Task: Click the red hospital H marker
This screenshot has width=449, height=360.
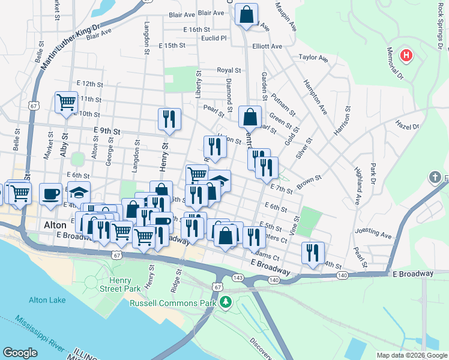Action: click(x=407, y=56)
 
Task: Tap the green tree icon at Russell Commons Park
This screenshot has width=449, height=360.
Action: click(x=225, y=301)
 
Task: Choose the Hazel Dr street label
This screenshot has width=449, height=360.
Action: click(x=407, y=127)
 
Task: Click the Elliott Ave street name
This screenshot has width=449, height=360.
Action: click(x=267, y=46)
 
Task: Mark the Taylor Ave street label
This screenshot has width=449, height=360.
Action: click(x=313, y=58)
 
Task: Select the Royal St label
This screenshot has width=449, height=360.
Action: click(x=229, y=70)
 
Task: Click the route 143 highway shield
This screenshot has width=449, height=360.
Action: click(x=238, y=278)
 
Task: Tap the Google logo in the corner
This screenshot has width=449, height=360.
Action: click(x=20, y=353)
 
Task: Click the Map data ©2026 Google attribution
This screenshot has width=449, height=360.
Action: click(x=412, y=355)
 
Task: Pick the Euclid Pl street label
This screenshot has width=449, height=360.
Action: click(x=214, y=37)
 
